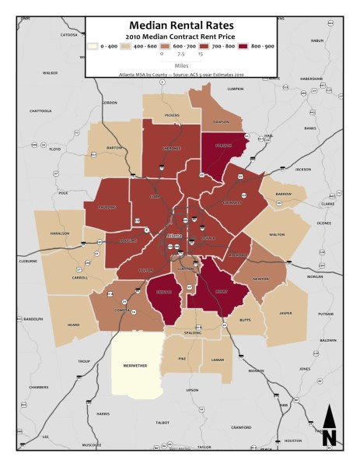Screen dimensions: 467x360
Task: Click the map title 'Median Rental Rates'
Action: pyautogui.click(x=180, y=25)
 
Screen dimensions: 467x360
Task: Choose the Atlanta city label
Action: pyautogui.click(x=174, y=236)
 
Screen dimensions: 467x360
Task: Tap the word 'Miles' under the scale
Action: pyautogui.click(x=180, y=65)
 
